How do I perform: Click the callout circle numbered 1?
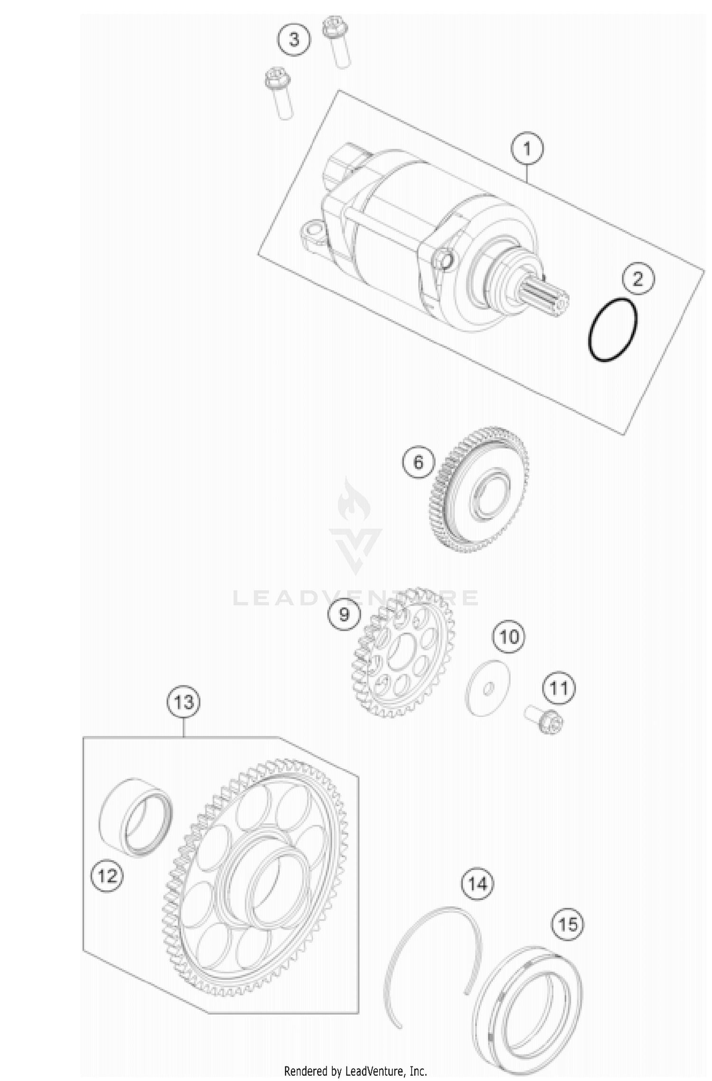tap(527, 149)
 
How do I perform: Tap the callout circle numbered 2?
tap(637, 279)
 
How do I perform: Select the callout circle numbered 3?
tap(294, 39)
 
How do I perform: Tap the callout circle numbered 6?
tap(418, 462)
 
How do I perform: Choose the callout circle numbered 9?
tap(344, 615)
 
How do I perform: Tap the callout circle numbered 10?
tap(509, 637)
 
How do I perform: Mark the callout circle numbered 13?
tap(184, 701)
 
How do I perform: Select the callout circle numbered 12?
tap(107, 876)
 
